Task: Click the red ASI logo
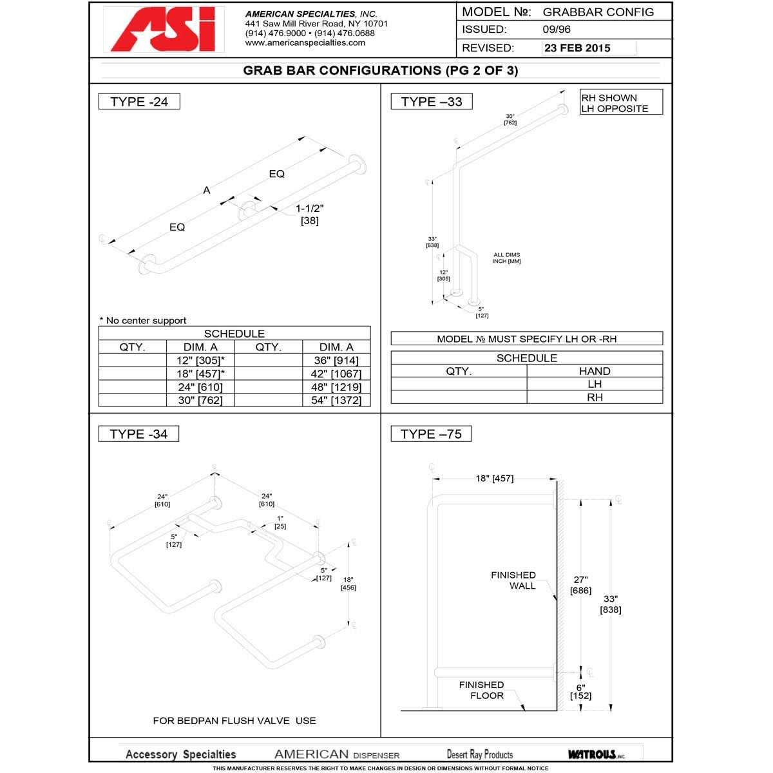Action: tap(164, 30)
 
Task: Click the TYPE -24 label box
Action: tap(138, 102)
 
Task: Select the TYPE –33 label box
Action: tap(431, 102)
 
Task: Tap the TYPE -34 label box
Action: tap(138, 434)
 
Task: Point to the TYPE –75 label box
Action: tap(431, 434)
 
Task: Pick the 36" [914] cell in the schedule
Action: tap(336, 361)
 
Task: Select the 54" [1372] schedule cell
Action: tap(336, 401)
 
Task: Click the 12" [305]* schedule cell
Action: tap(200, 361)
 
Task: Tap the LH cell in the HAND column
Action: tap(594, 384)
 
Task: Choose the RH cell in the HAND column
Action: tap(594, 397)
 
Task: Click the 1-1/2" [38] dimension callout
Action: tap(309, 215)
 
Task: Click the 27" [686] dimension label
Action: tap(580, 584)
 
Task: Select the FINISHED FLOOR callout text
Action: tap(482, 690)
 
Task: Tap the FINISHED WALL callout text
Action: tap(513, 580)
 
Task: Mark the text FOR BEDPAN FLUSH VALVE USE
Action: tap(234, 721)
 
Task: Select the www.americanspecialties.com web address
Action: tap(305, 43)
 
